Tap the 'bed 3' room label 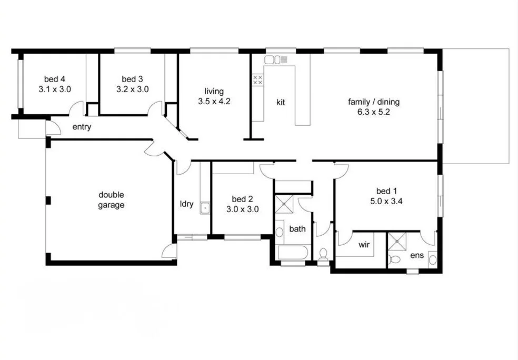pos(132,79)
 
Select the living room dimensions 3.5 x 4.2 pos(214,102)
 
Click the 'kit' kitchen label pos(281,102)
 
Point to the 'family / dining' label pos(374,102)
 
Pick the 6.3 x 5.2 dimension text pos(374,112)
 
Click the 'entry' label pos(82,126)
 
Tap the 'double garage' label pos(111,200)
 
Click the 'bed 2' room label pos(243,199)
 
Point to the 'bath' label pos(297,229)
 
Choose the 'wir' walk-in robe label pos(364,245)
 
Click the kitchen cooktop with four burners pos(258,80)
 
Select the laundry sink pos(205,208)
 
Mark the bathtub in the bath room pos(293,253)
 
